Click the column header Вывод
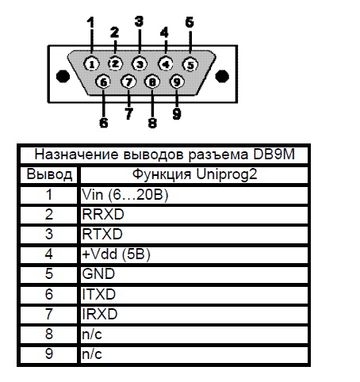[49, 175]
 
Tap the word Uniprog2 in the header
[227, 174]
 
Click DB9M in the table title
[274, 155]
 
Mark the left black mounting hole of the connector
[63, 76]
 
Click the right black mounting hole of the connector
[222, 76]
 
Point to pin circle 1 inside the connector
[91, 64]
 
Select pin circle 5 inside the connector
[190, 65]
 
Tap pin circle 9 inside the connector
[177, 82]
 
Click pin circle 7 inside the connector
[128, 82]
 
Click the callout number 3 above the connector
[139, 21]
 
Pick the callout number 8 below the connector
[152, 123]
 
